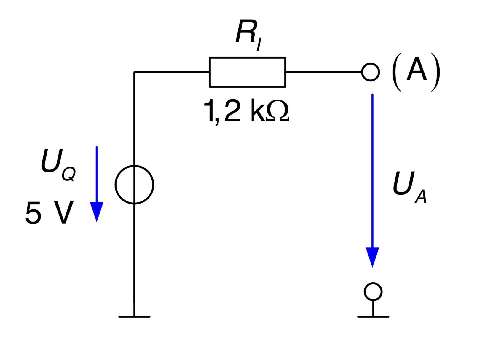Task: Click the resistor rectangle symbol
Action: point(247,58)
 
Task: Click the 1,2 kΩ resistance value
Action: point(246,112)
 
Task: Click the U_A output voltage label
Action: point(410,187)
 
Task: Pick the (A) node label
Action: point(416,72)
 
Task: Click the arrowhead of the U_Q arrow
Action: point(97,212)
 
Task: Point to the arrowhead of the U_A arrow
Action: point(372,257)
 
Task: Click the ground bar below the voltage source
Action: point(134,317)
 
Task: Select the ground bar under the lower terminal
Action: point(373,317)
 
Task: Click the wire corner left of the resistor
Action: point(134,72)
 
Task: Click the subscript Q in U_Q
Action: point(69,174)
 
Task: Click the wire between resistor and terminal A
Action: point(324,72)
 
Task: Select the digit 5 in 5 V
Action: point(33,213)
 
